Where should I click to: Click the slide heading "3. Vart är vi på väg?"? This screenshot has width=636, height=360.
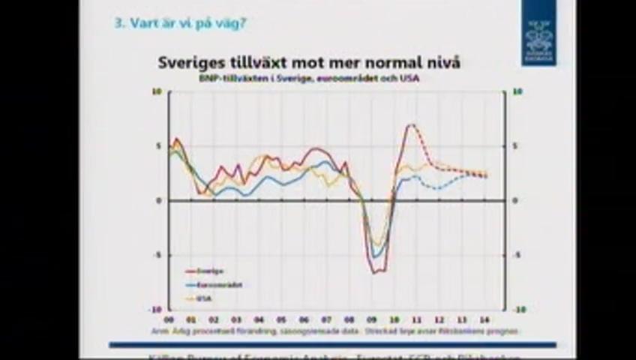point(180,23)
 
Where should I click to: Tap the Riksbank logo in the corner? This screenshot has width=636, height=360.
point(538,33)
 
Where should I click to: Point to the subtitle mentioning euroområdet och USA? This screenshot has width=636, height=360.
point(309,78)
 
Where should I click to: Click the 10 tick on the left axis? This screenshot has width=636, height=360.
point(157,92)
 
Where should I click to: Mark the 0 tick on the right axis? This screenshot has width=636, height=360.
point(515,201)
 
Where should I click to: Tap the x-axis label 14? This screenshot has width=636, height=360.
point(484,319)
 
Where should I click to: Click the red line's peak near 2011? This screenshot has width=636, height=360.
point(410,124)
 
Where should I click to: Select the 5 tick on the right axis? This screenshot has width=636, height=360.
point(515,146)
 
